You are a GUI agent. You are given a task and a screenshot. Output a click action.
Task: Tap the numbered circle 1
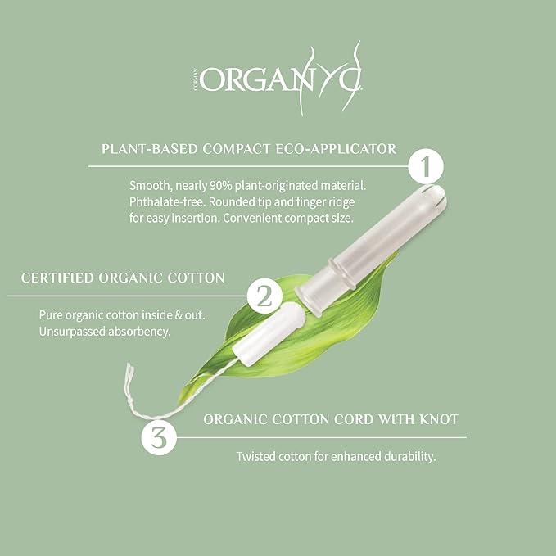coord(425,167)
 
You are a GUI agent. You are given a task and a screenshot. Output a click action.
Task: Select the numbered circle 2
coord(263,296)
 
